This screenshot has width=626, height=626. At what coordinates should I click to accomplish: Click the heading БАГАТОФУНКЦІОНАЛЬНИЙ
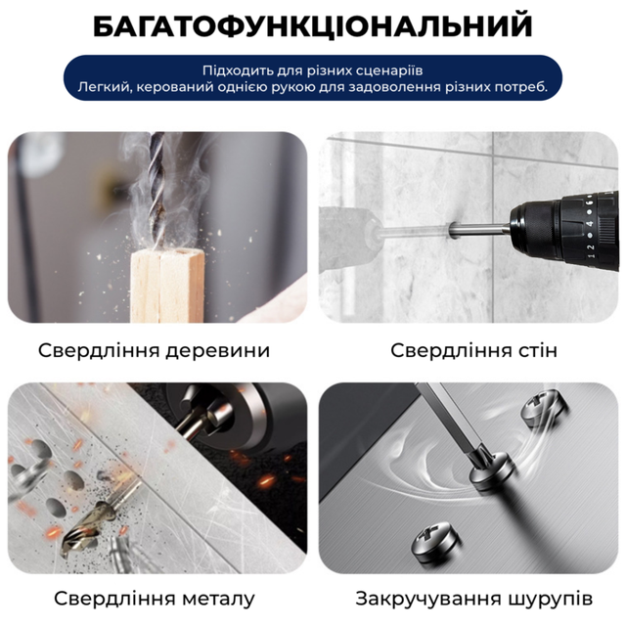pos(313,26)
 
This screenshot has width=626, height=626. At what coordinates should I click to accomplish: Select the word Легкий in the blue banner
pos(103,87)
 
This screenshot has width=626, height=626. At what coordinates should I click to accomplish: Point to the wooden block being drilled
pos(167,285)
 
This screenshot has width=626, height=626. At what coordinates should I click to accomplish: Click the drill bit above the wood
pos(156,188)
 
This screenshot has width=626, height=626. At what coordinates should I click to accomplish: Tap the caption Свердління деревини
pos(155,350)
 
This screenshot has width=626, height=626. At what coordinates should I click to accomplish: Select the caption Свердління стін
pos(473,350)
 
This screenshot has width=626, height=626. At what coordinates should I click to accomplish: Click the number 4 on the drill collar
pos(590,224)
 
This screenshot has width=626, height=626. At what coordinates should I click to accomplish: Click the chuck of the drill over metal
pos(224,415)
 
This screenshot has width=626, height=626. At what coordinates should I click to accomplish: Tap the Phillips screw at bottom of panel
pos(434,540)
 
